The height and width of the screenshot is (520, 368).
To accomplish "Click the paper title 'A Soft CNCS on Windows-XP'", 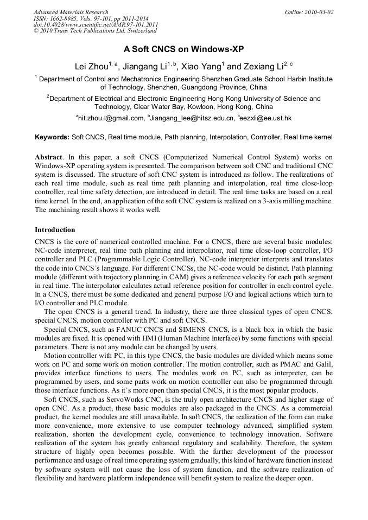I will (x=184, y=49).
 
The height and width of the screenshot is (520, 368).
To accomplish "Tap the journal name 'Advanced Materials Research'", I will (x=71, y=12).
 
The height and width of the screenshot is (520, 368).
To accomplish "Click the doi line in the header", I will (x=96, y=24).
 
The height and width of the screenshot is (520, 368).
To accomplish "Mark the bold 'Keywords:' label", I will (x=52, y=138).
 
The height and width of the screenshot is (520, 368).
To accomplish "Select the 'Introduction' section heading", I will (x=55, y=230).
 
